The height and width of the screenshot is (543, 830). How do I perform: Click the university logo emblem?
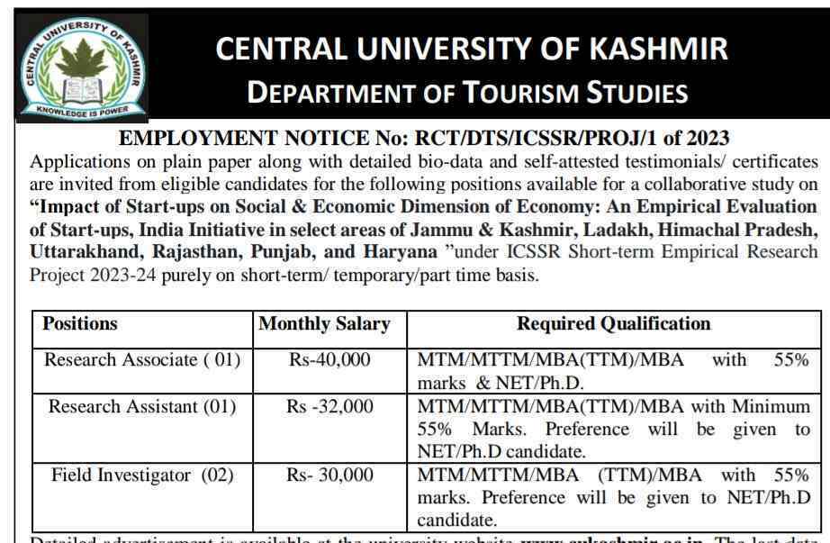[81, 68]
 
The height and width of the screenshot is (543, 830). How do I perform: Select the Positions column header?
[80, 324]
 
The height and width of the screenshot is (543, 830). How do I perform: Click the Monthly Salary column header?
[324, 324]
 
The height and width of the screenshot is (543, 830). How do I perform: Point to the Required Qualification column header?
[613, 324]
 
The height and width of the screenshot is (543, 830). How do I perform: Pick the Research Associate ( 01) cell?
[143, 360]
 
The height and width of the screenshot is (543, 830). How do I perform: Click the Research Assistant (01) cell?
[143, 407]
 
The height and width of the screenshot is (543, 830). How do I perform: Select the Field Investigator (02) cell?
[143, 475]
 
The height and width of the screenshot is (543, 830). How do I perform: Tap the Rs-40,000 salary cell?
[329, 360]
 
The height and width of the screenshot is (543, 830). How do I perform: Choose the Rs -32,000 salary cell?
[329, 407]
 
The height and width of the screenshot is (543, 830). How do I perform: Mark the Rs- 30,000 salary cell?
[329, 475]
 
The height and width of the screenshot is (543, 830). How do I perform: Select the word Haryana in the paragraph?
[395, 250]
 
